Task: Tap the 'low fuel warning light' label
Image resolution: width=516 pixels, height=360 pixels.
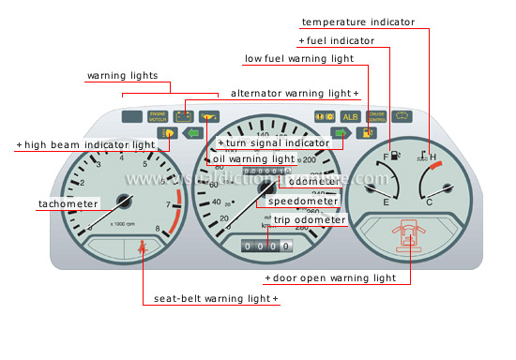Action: pyautogui.click(x=298, y=58)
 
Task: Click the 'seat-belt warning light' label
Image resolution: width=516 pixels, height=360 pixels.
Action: pyautogui.click(x=216, y=299)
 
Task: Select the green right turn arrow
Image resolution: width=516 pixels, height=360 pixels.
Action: pyautogui.click(x=341, y=133)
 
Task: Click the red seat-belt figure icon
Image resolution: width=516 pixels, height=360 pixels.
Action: pyautogui.click(x=143, y=248)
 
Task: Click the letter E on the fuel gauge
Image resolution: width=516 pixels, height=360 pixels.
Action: pyautogui.click(x=387, y=202)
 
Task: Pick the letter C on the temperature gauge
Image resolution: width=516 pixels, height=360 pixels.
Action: pyautogui.click(x=429, y=202)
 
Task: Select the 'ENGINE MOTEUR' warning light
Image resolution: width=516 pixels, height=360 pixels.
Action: pyautogui.click(x=157, y=117)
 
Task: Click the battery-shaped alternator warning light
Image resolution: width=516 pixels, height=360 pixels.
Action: pyautogui.click(x=183, y=117)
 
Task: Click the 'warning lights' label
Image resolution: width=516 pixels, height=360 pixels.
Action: pyautogui.click(x=123, y=75)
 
